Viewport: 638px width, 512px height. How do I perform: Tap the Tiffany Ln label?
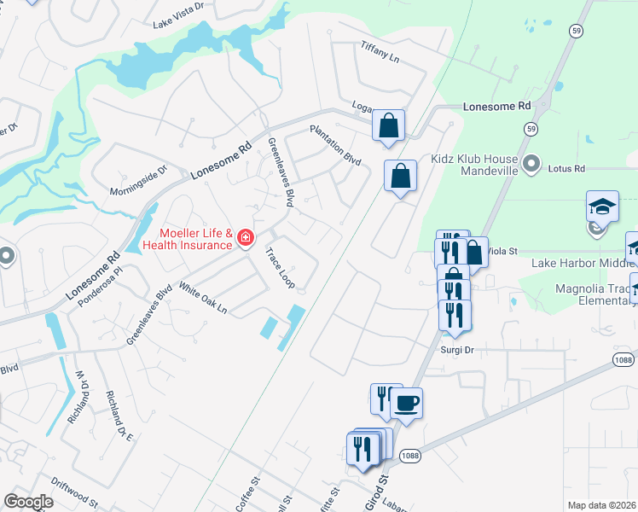click(x=380, y=51)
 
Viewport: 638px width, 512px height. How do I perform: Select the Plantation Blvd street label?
click(x=335, y=145)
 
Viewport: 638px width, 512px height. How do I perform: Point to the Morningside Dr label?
click(x=141, y=180)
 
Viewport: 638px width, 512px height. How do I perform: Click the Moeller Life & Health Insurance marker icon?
click(x=245, y=237)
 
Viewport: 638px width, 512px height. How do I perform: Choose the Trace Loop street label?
click(x=279, y=267)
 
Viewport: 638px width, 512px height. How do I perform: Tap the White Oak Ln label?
click(x=204, y=296)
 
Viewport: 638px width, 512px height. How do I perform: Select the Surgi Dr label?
click(x=456, y=350)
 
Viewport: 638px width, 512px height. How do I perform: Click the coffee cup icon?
click(x=407, y=402)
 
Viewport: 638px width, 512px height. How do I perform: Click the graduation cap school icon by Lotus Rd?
click(x=601, y=207)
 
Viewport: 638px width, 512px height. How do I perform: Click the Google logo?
click(x=29, y=502)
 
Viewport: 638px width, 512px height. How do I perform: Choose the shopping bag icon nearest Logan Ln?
click(x=388, y=126)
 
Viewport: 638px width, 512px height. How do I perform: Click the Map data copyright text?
click(x=601, y=505)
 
